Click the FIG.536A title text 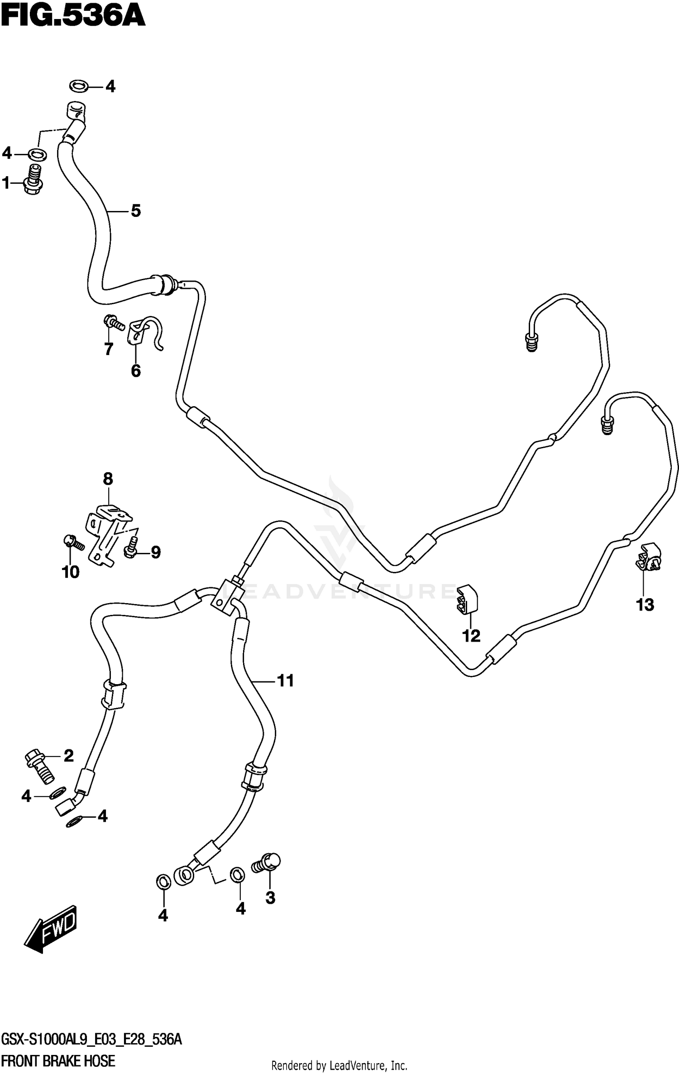point(73,17)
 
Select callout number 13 point(645,604)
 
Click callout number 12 point(471,636)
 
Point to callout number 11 point(285,681)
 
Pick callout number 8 point(108,479)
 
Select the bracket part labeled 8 point(108,534)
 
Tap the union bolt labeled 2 point(40,767)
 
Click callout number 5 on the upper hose point(136,211)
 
